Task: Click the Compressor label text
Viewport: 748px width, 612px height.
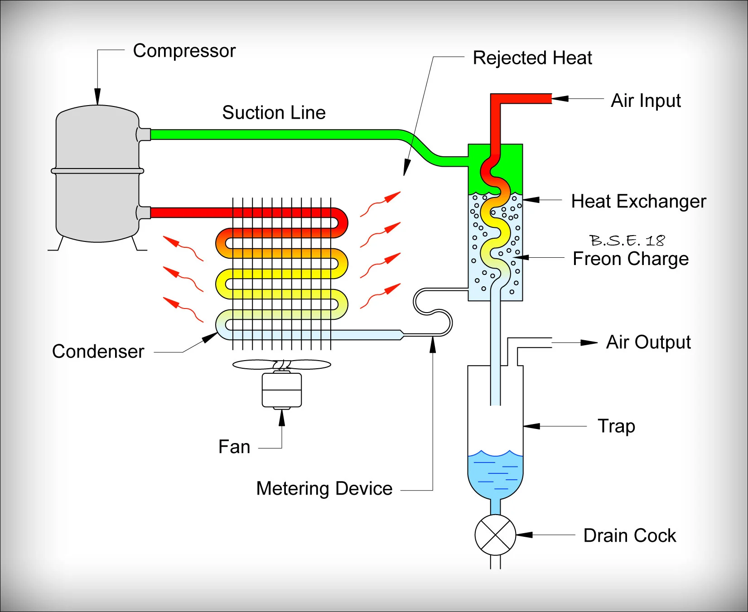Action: click(184, 51)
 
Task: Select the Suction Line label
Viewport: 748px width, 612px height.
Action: click(274, 112)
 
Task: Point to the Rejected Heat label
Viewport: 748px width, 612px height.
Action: click(532, 58)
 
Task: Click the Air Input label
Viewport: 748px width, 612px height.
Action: click(646, 101)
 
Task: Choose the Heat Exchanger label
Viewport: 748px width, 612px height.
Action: click(638, 202)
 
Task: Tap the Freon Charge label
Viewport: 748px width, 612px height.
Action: click(630, 259)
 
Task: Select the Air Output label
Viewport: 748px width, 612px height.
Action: click(648, 342)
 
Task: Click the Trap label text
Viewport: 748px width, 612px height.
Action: click(616, 426)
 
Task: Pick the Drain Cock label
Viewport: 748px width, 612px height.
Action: click(629, 536)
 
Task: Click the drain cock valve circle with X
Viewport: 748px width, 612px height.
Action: click(495, 535)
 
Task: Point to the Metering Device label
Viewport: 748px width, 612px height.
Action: click(324, 489)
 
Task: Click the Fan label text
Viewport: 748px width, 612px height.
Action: click(234, 447)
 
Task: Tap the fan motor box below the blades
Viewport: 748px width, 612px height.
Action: click(282, 390)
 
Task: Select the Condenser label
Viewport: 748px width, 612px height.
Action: click(98, 352)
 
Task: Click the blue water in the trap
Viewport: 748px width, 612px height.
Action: click(495, 476)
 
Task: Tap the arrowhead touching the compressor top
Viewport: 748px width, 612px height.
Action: click(97, 97)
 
